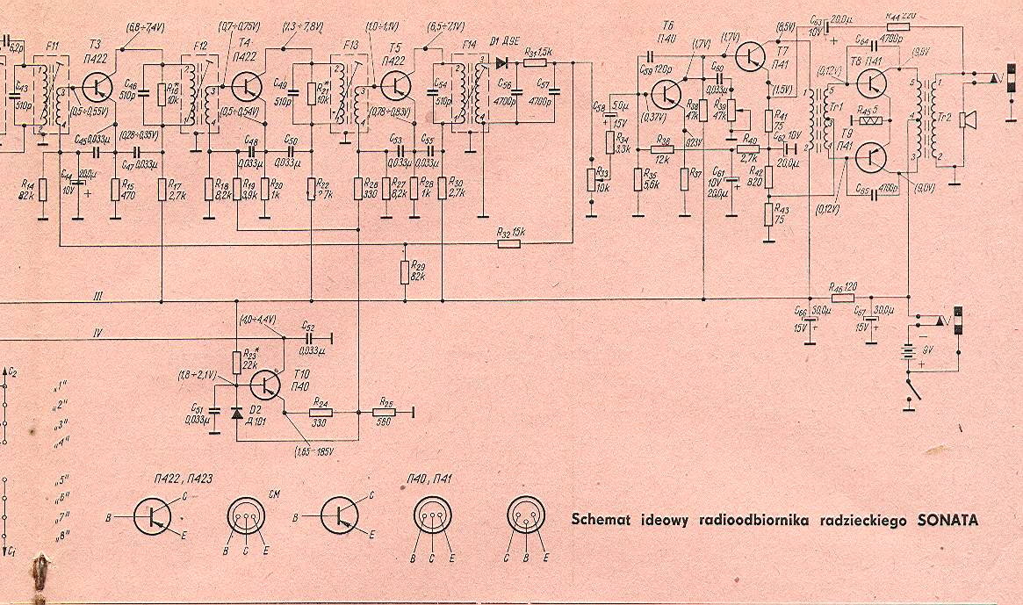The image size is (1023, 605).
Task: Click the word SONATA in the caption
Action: [x=947, y=520]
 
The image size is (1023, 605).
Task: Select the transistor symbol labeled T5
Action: [x=397, y=85]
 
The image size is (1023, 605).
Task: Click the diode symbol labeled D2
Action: [x=236, y=411]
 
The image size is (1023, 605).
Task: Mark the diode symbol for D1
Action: [x=502, y=63]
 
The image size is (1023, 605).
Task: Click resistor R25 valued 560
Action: [x=384, y=411]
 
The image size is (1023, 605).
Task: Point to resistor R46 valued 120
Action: [x=841, y=299]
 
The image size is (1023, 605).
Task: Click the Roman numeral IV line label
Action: [x=99, y=332]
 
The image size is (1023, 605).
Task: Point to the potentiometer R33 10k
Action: [x=591, y=180]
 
